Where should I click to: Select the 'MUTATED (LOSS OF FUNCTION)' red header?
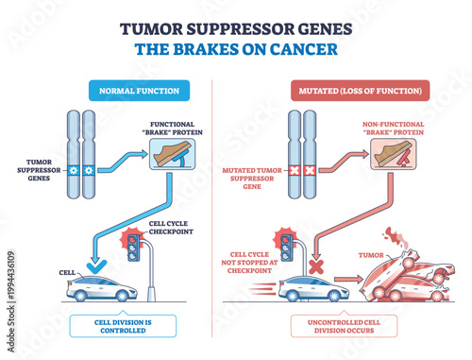coord(346,93)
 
